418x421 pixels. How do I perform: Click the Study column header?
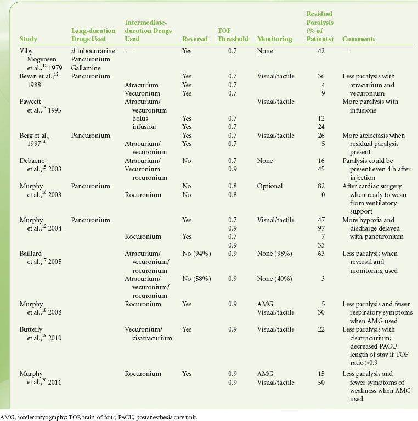click(x=28, y=39)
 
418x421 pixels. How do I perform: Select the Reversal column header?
click(x=195, y=39)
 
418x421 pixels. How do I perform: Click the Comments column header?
click(x=359, y=39)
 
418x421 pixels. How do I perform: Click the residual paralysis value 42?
click(x=321, y=50)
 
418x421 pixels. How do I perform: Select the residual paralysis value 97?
click(x=321, y=228)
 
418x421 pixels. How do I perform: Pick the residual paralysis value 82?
click(x=321, y=186)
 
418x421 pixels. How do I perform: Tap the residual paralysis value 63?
click(x=321, y=254)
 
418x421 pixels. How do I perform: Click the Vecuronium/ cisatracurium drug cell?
click(x=149, y=333)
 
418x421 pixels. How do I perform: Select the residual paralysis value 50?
click(x=321, y=383)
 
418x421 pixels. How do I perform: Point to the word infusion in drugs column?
click(x=144, y=127)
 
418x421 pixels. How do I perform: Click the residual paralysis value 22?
click(x=321, y=329)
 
